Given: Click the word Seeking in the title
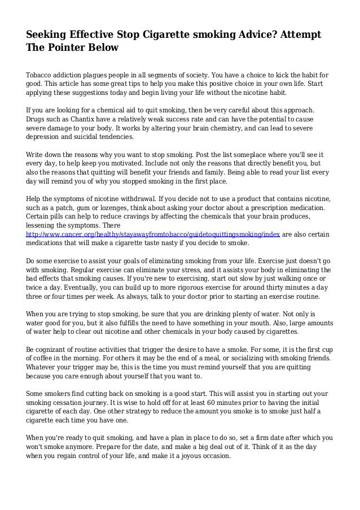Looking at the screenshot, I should pyautogui.click(x=50, y=35).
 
